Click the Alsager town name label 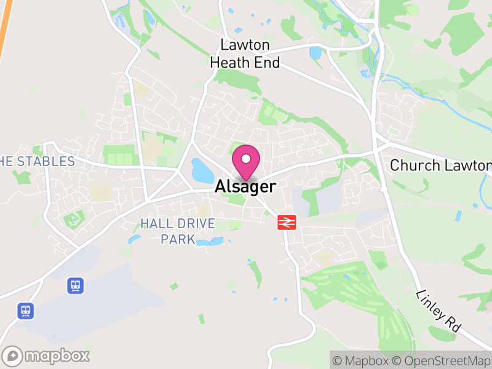pos(245,187)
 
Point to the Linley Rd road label pos(438,312)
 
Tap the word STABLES pos(46,162)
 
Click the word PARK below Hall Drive pos(178,239)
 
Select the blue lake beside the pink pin pos(202,170)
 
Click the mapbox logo pos(47,356)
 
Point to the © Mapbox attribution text pos(360,360)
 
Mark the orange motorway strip pos(6,28)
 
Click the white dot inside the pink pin pos(246,159)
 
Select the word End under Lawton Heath pos(268,63)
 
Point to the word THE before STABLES pos(7,162)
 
